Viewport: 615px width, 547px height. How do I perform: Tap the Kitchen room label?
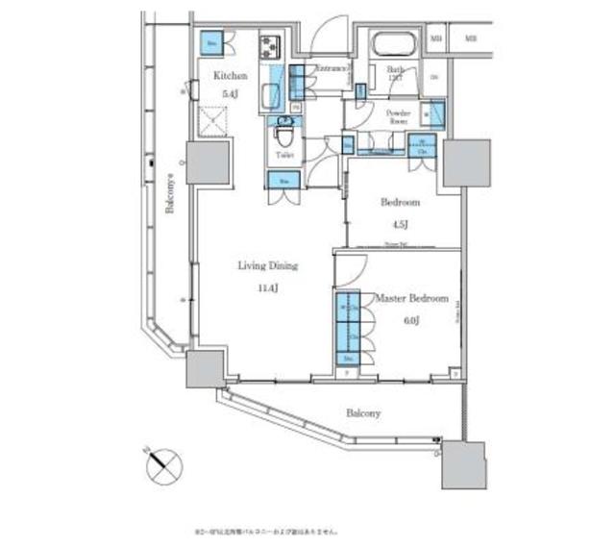pyautogui.click(x=230, y=75)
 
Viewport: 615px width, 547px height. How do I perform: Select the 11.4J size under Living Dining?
pyautogui.click(x=269, y=286)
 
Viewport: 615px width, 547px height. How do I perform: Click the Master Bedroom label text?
pyautogui.click(x=411, y=300)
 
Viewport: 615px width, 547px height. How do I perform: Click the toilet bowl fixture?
pyautogui.click(x=284, y=130)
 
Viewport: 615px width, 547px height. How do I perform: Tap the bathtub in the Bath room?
pyautogui.click(x=391, y=46)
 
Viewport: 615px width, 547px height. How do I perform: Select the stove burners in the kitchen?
pyautogui.click(x=269, y=44)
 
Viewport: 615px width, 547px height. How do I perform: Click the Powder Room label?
pyautogui.click(x=398, y=117)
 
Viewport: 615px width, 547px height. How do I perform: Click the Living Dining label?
pyautogui.click(x=269, y=265)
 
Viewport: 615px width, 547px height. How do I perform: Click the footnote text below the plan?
pyautogui.click(x=266, y=529)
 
